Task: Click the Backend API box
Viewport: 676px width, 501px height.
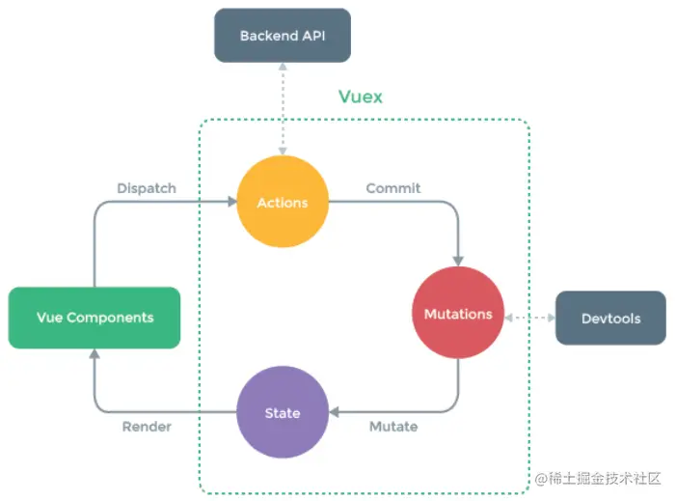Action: (282, 37)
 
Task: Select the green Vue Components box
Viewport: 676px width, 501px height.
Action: (95, 318)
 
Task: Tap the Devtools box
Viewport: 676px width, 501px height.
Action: (610, 318)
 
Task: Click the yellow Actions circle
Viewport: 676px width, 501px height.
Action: (283, 203)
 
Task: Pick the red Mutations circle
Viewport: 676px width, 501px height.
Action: (458, 314)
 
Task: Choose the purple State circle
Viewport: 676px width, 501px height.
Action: (283, 413)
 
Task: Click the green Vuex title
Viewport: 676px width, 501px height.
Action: (360, 97)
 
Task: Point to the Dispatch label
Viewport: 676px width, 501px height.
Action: (146, 188)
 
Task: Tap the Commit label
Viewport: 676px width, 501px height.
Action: (392, 188)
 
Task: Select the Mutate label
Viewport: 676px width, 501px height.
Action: (393, 426)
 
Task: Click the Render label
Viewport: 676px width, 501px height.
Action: (147, 426)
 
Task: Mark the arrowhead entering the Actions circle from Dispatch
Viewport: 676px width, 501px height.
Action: (232, 202)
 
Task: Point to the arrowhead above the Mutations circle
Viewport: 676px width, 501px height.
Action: (458, 260)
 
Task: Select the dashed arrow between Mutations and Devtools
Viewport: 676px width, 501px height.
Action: (530, 316)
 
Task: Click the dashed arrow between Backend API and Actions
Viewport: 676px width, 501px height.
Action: (283, 107)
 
